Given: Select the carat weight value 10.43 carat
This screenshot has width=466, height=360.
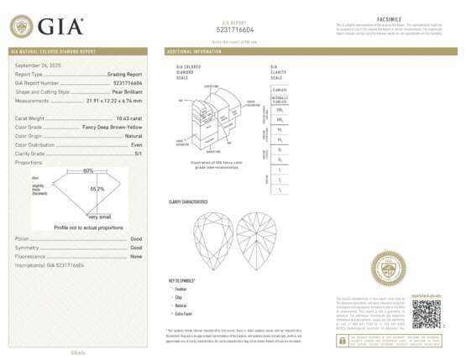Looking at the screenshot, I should pos(126,118).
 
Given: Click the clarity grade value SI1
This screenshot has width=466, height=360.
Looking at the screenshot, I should pos(137,153).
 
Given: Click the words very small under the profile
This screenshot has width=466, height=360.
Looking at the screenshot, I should pos(98,217).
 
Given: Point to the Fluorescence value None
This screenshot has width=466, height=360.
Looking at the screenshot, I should pos(136,257).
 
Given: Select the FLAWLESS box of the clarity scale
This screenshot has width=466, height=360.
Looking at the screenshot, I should pos(280,88).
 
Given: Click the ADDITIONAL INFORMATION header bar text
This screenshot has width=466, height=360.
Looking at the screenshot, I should pos(196,51).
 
